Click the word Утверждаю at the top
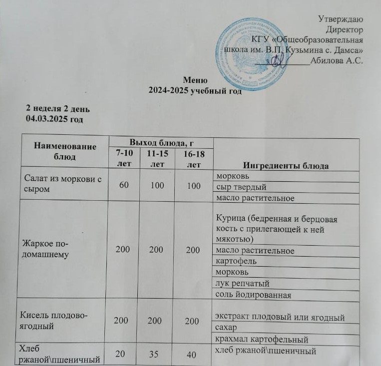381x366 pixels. (x=340, y=19)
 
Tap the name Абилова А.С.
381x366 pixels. (x=336, y=62)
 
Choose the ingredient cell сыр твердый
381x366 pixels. (x=239, y=187)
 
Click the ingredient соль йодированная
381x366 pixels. (x=253, y=295)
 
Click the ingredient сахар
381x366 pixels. (x=227, y=329)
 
